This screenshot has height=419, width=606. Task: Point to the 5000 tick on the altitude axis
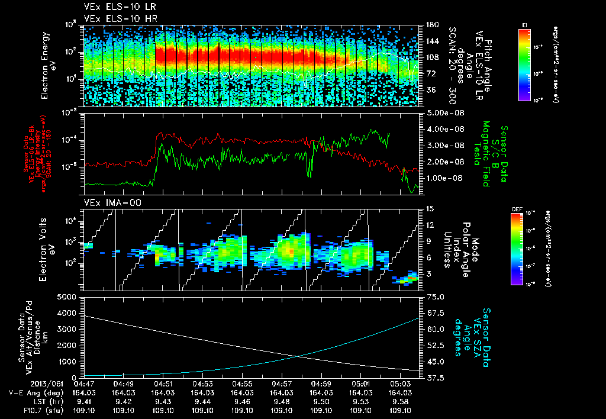[70, 296]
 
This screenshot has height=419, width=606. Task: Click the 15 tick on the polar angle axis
[429, 208]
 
